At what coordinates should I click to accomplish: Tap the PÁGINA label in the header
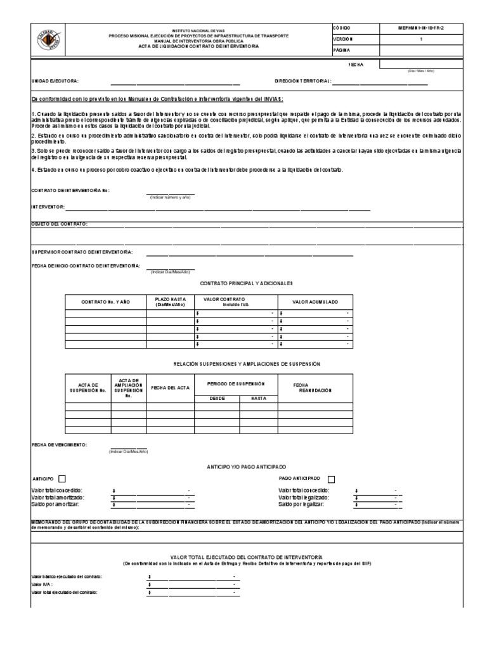pos(342,50)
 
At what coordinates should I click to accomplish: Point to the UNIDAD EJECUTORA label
pos(55,82)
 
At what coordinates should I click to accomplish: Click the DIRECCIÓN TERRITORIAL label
pos(302,82)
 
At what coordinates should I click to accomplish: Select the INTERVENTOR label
pos(48,207)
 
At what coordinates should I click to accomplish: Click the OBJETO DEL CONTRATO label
pos(60,224)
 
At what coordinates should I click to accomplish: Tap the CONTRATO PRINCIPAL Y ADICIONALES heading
pos(247,283)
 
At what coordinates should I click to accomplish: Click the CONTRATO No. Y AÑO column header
pos(105,302)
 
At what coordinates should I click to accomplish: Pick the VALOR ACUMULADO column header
pos(315,302)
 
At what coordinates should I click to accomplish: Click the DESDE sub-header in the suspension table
pos(217,398)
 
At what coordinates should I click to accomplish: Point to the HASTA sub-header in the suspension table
pos(258,398)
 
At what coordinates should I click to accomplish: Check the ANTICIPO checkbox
pos(62,479)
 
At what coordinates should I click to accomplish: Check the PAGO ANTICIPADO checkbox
pos(332,479)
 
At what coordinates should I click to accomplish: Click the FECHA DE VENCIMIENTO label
pos(59,445)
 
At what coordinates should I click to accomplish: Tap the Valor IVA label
pos(42,584)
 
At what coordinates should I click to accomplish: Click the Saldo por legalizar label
pos(301,504)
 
